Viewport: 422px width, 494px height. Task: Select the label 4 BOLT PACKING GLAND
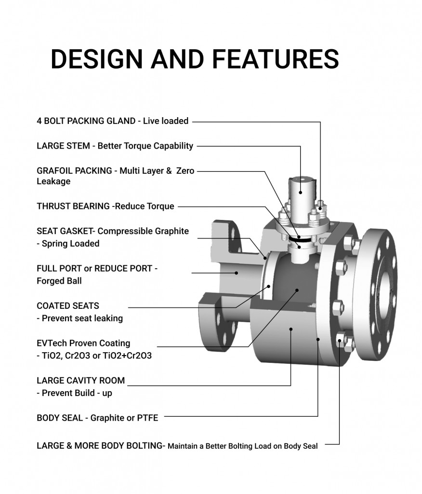coord(86,121)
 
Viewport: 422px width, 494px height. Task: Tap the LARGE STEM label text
coord(63,146)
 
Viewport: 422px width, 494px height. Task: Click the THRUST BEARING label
coord(73,206)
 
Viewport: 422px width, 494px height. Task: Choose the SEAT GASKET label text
coord(66,231)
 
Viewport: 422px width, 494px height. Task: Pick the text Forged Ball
coord(59,281)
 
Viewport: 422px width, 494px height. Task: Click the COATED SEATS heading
coord(67,306)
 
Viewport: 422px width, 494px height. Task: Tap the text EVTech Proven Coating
coord(83,343)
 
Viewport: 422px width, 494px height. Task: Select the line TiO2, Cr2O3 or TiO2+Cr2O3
coord(97,356)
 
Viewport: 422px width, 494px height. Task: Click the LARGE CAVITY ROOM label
coord(80,381)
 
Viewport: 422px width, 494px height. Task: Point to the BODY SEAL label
coord(59,418)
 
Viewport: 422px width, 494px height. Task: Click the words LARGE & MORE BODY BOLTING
coord(100,446)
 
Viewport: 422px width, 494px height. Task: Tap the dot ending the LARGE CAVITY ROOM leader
coord(291,329)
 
